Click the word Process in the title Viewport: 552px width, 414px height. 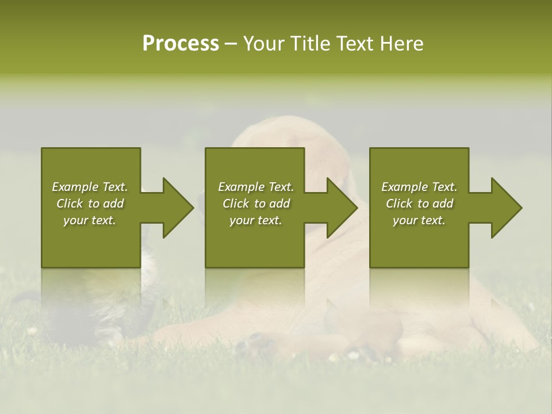[x=181, y=44]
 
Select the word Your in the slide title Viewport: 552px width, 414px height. [x=264, y=44]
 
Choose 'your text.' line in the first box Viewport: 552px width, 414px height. [x=90, y=220]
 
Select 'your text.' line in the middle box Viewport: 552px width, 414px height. [x=256, y=220]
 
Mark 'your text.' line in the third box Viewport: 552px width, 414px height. [x=419, y=220]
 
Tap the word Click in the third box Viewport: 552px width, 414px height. [x=400, y=204]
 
